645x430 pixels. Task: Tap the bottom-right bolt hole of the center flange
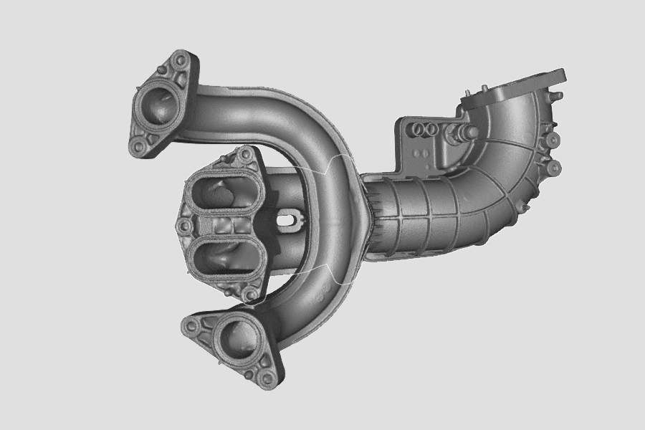pyautogui.click(x=249, y=294)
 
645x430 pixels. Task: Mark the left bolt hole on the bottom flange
pyautogui.click(x=191, y=326)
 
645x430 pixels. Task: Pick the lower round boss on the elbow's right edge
pyautogui.click(x=553, y=169)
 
